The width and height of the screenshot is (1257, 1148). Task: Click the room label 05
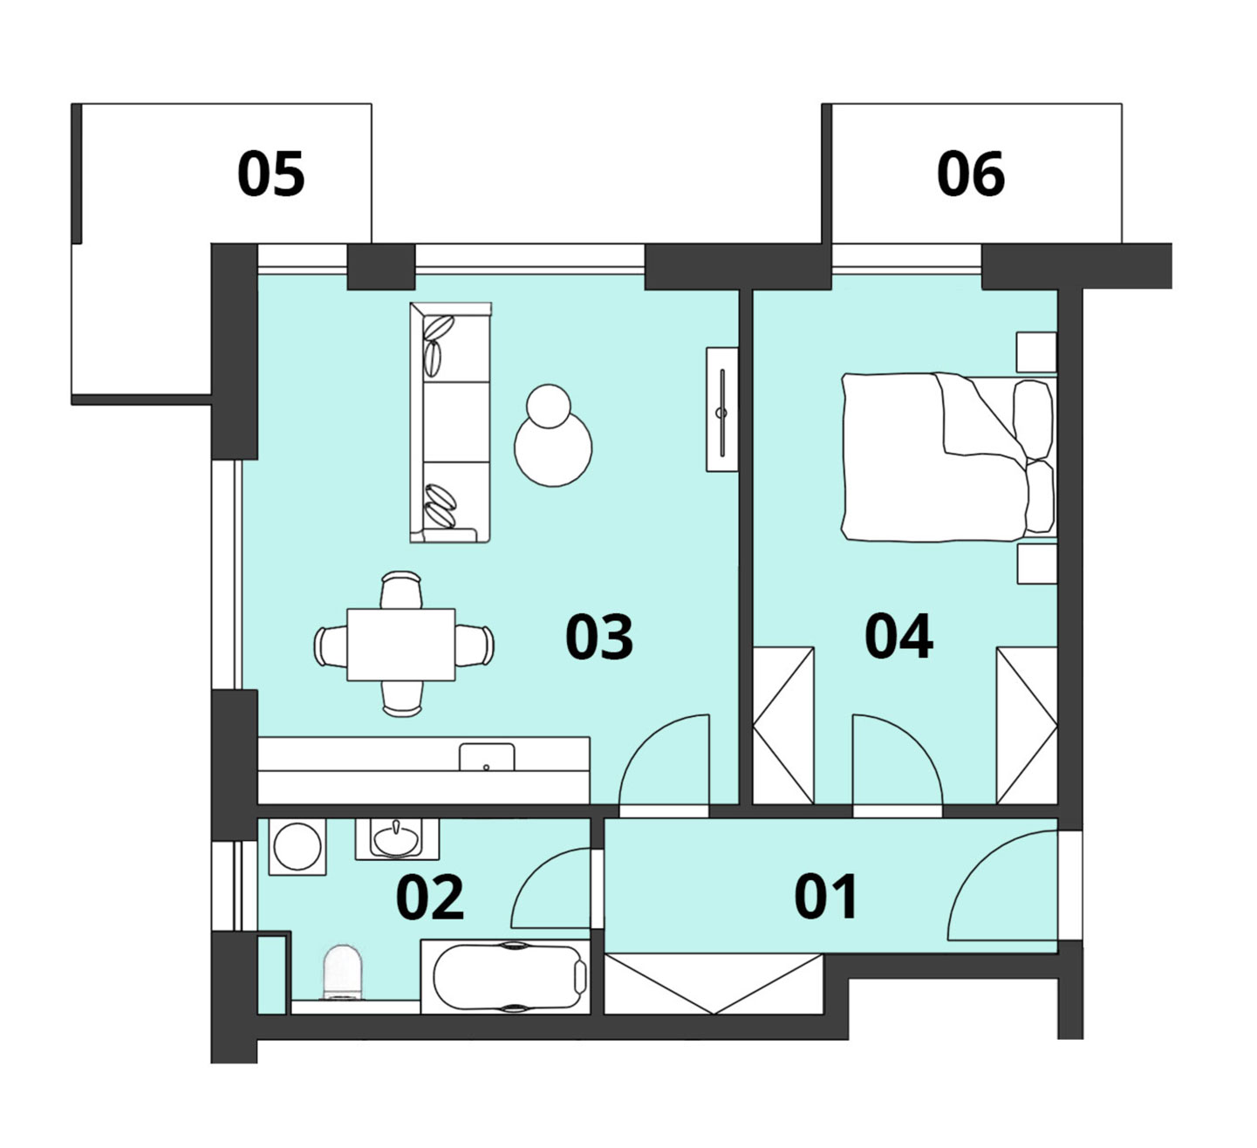pos(271,174)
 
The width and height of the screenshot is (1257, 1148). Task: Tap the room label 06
pos(971,174)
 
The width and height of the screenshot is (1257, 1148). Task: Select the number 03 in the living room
pos(599,637)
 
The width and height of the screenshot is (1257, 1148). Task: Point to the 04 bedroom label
pos(898,637)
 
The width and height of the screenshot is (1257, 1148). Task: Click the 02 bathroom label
pos(430,898)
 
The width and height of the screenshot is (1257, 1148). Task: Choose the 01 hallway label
pos(825,897)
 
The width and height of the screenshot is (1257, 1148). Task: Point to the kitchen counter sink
pos(487,756)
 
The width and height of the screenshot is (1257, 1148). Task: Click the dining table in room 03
pos(401,644)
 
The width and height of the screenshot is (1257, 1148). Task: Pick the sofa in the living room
pos(450,422)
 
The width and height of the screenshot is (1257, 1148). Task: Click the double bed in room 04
pos(949,457)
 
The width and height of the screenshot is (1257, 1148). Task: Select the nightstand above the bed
pos(1036,352)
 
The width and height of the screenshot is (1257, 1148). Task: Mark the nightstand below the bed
pos(1037,564)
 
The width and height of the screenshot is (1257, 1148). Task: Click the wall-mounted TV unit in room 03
pos(722,409)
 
